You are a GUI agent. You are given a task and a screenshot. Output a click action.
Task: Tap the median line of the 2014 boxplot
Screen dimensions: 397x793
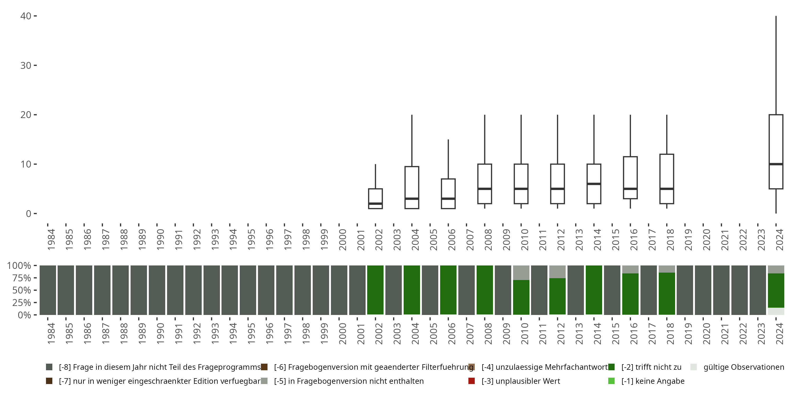click(594, 184)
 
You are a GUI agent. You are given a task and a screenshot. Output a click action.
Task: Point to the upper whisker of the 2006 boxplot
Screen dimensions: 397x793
click(448, 159)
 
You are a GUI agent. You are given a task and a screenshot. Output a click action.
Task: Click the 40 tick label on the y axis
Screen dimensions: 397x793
click(26, 16)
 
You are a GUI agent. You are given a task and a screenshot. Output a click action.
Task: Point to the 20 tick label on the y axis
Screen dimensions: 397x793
click(26, 115)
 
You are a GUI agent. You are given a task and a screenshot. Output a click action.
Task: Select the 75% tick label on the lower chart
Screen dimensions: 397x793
click(19, 278)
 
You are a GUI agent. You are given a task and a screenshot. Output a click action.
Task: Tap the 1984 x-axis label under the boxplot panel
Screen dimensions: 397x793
click(51, 240)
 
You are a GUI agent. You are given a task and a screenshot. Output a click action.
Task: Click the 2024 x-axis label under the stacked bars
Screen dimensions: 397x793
click(780, 333)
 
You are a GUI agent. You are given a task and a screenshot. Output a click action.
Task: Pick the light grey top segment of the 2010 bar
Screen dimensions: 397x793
click(521, 273)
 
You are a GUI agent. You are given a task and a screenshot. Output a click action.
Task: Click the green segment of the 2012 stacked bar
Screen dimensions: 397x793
click(557, 296)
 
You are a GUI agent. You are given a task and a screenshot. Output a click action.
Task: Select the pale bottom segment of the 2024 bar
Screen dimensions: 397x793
click(776, 311)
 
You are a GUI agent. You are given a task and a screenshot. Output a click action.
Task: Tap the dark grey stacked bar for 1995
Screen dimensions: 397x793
click(248, 290)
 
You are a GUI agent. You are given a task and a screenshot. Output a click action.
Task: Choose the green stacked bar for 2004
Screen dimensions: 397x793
click(412, 290)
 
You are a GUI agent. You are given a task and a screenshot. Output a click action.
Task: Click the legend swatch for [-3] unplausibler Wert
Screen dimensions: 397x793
click(471, 381)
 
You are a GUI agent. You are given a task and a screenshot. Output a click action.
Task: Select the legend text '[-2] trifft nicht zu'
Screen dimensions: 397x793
click(651, 367)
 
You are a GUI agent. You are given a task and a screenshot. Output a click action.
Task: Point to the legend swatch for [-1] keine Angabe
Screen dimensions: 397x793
click(611, 381)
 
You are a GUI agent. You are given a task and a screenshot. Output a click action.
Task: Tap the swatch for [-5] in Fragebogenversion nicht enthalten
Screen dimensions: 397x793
click(264, 381)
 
